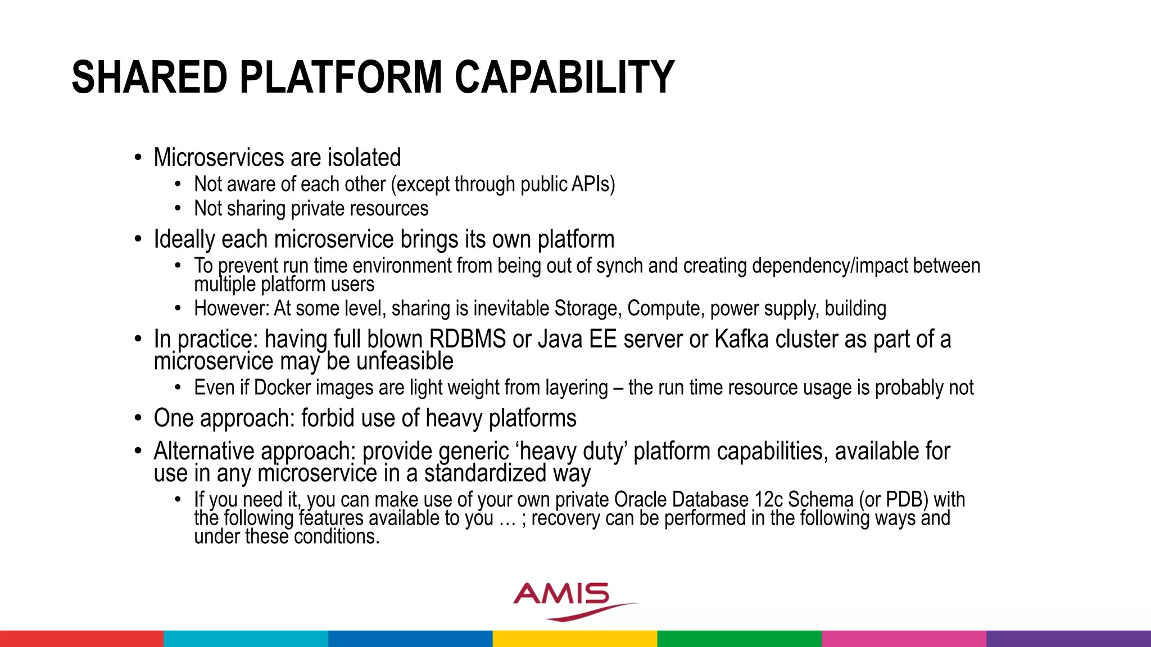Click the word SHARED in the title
point(149,78)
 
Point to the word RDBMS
point(468,339)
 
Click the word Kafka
point(741,339)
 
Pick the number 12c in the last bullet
point(767,499)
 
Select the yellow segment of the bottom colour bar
point(575,639)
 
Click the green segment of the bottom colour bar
point(739,639)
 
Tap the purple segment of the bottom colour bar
point(1068,639)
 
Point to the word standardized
point(485,473)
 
